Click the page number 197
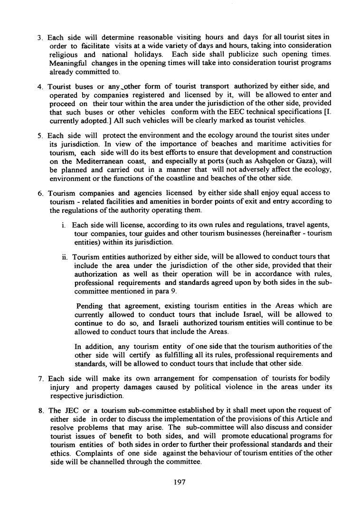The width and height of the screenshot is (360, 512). [179, 482]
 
